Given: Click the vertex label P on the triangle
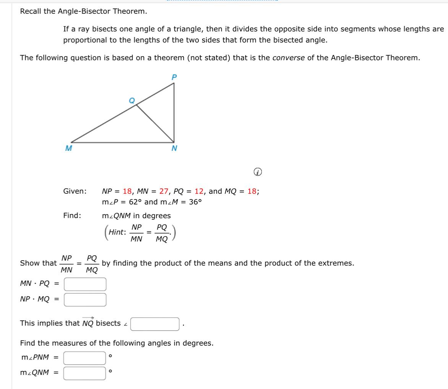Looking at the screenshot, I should point(174,77).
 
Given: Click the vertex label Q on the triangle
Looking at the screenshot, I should point(132,100).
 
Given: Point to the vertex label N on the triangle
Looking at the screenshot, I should point(174,148).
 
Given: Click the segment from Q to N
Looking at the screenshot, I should point(155,123).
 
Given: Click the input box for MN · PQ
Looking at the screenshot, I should point(85,284).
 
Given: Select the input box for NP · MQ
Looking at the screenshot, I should point(85,299).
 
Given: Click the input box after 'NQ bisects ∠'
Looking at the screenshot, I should point(155,324).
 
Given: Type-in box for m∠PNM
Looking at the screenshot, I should point(84,358).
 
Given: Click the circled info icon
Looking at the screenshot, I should point(259,172).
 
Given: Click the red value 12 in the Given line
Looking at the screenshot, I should point(199,191).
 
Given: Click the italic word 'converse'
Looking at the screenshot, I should point(288,58).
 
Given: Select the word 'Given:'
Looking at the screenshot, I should point(75,191).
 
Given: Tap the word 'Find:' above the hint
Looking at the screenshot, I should point(72,216).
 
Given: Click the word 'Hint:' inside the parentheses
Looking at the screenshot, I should point(117,232).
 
